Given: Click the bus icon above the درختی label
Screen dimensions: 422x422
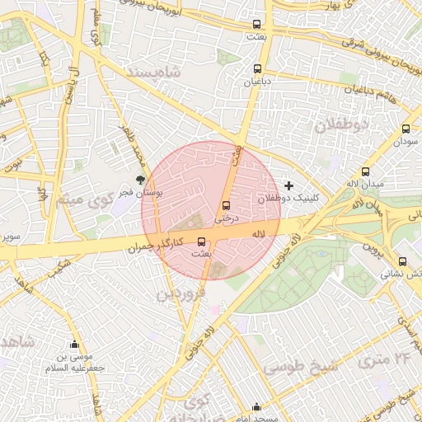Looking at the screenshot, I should click(226, 206).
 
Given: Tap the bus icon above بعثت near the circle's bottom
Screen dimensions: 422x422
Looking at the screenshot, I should click(203, 241).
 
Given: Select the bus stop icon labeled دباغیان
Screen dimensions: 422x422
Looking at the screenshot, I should click(258, 69).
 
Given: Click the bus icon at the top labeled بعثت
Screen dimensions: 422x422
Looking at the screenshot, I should click(258, 25).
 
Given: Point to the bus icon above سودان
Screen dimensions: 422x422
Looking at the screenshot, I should click(406, 129).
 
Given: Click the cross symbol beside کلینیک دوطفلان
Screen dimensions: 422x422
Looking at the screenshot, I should click(288, 185).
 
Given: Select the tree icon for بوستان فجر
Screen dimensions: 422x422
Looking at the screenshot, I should click(141, 178).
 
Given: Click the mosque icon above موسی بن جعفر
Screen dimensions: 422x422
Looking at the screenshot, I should click(76, 345).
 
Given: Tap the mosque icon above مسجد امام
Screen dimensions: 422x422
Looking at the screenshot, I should click(257, 406).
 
